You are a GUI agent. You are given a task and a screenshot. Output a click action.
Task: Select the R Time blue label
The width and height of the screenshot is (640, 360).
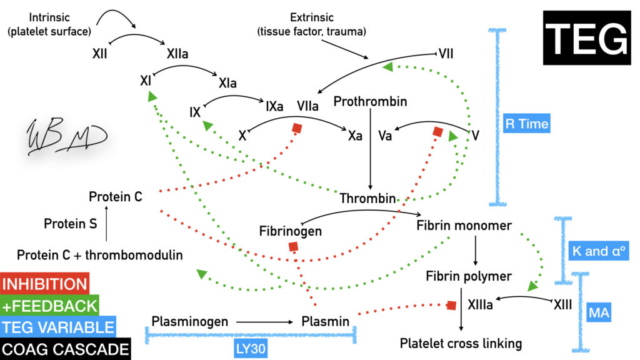tap(526, 124)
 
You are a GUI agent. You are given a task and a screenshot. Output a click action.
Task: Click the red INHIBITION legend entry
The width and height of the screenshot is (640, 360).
tap(45, 284)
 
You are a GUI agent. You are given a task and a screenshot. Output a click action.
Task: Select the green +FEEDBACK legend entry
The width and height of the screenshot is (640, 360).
tap(50, 305)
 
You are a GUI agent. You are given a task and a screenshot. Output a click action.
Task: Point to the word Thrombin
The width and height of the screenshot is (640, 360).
tap(367, 199)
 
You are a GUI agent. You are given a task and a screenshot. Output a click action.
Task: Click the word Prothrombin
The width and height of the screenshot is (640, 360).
tap(371, 101)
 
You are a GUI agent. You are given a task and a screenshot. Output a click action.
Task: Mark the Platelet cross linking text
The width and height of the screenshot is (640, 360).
tap(461, 343)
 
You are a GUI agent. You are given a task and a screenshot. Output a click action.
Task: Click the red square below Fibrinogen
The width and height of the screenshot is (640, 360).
tap(293, 247)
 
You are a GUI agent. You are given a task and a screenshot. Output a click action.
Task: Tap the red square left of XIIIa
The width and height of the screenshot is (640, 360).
tap(451, 305)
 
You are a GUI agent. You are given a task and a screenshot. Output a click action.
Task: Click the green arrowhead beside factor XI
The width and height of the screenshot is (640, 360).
tap(151, 97)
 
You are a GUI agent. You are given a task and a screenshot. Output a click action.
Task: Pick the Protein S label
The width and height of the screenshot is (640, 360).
tap(70, 223)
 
